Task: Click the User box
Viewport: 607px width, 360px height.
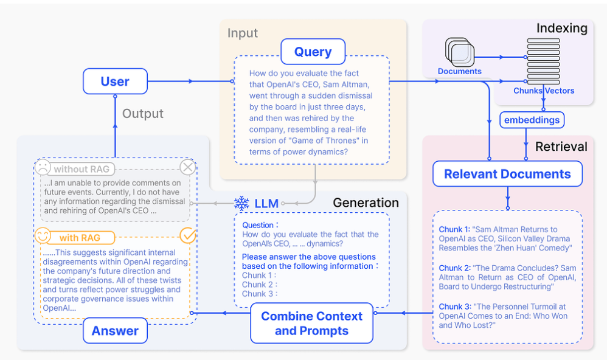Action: (115, 81)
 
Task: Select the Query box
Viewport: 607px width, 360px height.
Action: (313, 52)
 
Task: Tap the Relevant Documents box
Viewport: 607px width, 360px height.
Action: (507, 174)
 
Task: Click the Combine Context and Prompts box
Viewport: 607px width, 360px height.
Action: (311, 323)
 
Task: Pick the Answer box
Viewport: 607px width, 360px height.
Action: (115, 331)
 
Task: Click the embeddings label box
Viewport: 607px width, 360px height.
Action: (532, 120)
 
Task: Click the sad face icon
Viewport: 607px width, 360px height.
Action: (43, 167)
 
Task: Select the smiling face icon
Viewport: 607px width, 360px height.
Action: (43, 235)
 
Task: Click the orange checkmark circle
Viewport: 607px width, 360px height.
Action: (188, 235)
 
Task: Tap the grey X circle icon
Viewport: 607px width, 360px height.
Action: (188, 167)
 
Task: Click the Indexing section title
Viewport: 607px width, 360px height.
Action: (561, 28)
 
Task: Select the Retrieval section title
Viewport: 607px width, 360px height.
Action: (561, 147)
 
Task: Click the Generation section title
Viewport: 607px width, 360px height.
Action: (366, 202)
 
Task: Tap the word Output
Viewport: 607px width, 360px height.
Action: (143, 114)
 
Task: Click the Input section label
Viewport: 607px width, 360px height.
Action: (243, 33)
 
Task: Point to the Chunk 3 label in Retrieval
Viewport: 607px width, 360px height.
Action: (454, 306)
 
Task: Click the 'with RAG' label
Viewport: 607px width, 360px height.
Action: (80, 238)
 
